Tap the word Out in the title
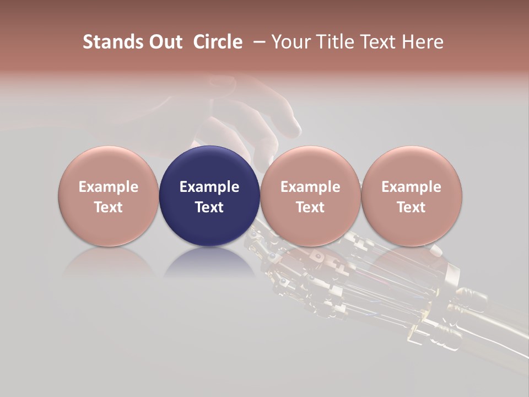164,42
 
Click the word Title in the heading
337,42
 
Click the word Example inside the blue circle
209,187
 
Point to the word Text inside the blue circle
209,207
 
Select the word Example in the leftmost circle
109,187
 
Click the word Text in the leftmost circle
109,207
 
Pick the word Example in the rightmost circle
411,187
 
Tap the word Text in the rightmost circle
411,207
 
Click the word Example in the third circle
310,187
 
